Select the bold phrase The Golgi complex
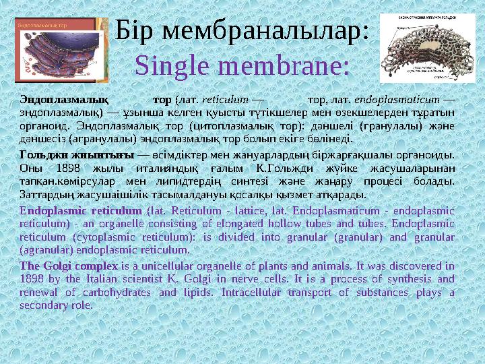(x=69, y=266)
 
